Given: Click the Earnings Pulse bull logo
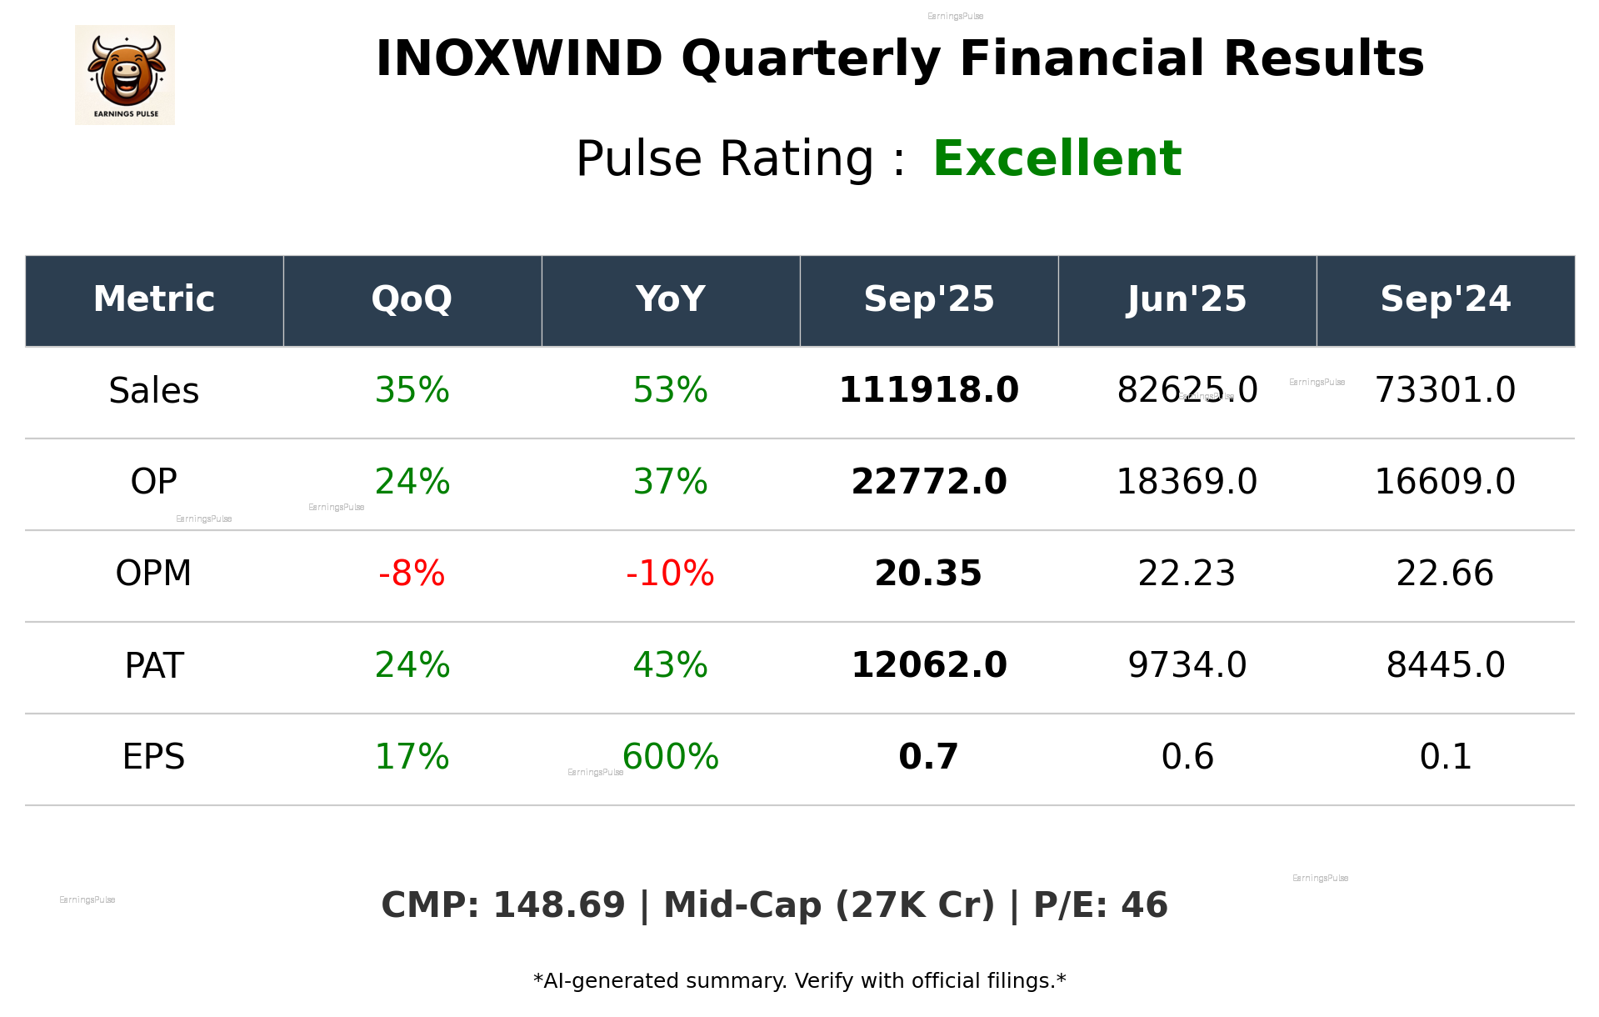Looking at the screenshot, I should (x=125, y=75).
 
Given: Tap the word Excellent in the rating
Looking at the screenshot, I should (x=1057, y=158).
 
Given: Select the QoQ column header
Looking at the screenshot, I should (x=412, y=299).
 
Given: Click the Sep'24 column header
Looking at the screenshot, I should (x=1445, y=299).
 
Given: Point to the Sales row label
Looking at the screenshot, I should (x=154, y=391).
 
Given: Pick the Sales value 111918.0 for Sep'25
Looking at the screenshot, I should (x=928, y=391).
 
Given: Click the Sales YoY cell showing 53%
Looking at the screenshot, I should (x=670, y=391).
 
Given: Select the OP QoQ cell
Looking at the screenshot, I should (x=412, y=483).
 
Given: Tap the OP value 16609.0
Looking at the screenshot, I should (x=1445, y=483).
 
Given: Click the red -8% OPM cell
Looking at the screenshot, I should (x=412, y=574).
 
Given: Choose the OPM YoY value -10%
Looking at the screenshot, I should (x=670, y=574).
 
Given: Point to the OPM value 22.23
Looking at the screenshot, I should (x=1187, y=574).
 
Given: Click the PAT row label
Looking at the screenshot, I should (x=154, y=666).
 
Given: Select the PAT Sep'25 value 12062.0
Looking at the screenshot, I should (x=928, y=666).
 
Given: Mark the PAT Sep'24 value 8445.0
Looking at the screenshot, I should (x=1445, y=666).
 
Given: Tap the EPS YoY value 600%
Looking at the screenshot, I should (x=670, y=758).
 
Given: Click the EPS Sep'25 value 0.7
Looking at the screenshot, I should (x=928, y=758).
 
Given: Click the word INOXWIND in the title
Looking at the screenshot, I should (x=518, y=60).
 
